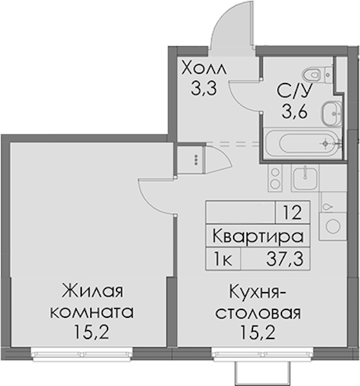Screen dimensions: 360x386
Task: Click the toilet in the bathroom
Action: tap(317, 74)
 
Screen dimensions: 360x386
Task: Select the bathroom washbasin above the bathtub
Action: tap(332, 113)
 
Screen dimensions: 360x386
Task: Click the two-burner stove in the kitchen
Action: tap(275, 178)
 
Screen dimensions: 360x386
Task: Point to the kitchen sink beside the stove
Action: tap(305, 178)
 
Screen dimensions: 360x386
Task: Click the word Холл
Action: tap(204, 68)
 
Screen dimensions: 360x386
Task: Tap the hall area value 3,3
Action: tap(204, 89)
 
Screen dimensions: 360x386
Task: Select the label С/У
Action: tap(295, 90)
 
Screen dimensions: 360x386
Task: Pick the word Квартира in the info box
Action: tap(258, 236)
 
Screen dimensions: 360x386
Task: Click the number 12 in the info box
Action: tap(292, 213)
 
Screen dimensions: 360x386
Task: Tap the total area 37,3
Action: tap(285, 259)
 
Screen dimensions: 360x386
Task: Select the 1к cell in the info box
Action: tap(223, 259)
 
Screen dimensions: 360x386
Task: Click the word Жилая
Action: tap(92, 291)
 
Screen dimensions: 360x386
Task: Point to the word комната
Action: tap(92, 313)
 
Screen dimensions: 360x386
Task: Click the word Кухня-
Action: tap(258, 291)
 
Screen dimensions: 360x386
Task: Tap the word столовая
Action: tap(258, 313)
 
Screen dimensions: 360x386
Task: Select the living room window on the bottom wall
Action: tap(82, 354)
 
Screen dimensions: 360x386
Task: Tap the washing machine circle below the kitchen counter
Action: tap(333, 226)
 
